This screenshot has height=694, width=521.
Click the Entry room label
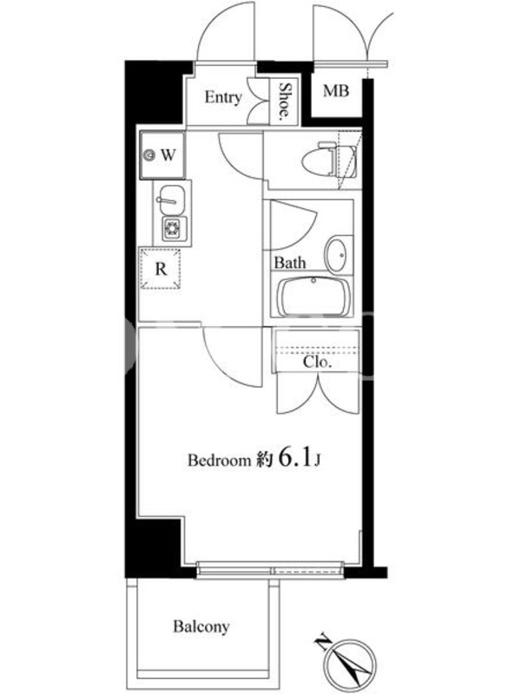(x=223, y=97)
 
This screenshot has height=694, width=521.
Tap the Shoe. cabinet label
(x=285, y=101)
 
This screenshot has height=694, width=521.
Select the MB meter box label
(x=336, y=91)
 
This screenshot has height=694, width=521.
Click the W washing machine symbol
(x=162, y=155)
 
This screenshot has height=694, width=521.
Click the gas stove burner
(x=172, y=229)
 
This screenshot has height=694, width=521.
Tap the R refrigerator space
(x=161, y=269)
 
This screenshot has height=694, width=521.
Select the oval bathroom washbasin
(x=339, y=255)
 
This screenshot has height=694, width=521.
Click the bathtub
(x=314, y=297)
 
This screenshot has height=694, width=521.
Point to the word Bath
(x=290, y=263)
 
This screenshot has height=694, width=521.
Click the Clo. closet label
(x=317, y=363)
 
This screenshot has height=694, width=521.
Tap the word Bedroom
(x=220, y=461)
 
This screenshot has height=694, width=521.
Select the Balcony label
(x=201, y=627)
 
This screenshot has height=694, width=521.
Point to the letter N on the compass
(x=323, y=642)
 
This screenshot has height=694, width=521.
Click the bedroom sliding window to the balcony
(x=269, y=568)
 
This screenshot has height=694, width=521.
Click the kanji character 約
(x=264, y=461)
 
